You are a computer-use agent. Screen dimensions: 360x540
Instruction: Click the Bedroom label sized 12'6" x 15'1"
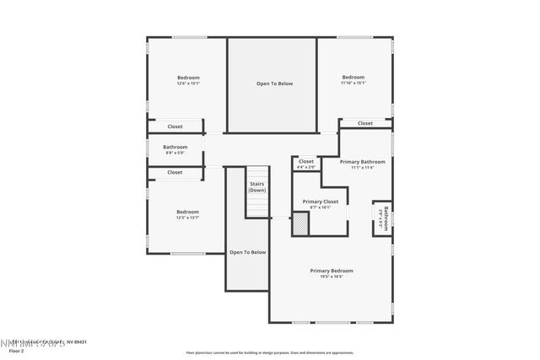pyautogui.click(x=187, y=78)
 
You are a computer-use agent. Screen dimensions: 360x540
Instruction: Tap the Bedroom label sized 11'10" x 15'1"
pyautogui.click(x=353, y=78)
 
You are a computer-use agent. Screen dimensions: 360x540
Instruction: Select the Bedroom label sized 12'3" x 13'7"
pyautogui.click(x=187, y=212)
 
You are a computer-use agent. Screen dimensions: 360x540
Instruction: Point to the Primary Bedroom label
pyautogui.click(x=331, y=271)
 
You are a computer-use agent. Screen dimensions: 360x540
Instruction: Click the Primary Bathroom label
pyautogui.click(x=362, y=161)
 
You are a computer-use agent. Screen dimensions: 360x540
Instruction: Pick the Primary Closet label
pyautogui.click(x=320, y=201)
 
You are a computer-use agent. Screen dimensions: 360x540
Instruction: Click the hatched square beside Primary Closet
pyautogui.click(x=300, y=223)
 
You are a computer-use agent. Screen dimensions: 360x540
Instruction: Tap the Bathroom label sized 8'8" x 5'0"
pyautogui.click(x=175, y=147)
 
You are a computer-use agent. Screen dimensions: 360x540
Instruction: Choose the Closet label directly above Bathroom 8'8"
pyautogui.click(x=175, y=126)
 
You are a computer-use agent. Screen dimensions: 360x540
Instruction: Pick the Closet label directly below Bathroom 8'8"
pyautogui.click(x=175, y=172)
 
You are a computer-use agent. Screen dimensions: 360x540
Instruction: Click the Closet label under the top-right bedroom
pyautogui.click(x=364, y=123)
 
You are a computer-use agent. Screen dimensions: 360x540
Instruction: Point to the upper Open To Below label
pyautogui.click(x=274, y=83)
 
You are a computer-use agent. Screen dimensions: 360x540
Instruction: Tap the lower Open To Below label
pyautogui.click(x=247, y=252)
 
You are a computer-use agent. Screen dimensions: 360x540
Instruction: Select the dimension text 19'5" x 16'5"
pyautogui.click(x=331, y=277)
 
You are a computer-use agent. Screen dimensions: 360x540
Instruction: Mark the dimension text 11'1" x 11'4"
pyautogui.click(x=362, y=167)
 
